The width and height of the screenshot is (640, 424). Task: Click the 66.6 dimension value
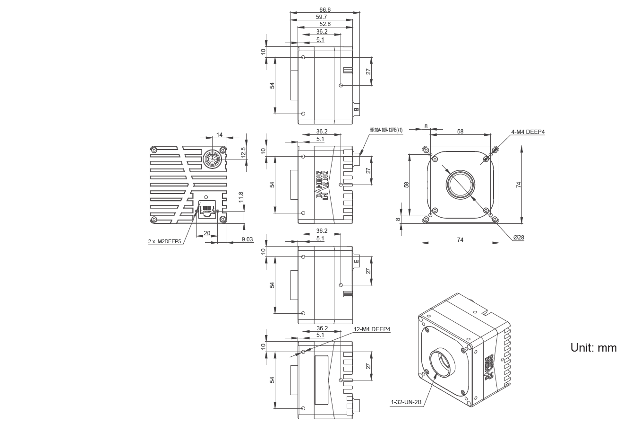click(324, 9)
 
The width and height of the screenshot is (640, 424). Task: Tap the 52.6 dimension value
click(324, 24)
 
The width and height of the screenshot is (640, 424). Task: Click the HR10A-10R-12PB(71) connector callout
click(386, 130)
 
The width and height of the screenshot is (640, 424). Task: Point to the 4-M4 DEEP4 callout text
click(528, 132)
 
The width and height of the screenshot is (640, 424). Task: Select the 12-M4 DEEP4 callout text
click(373, 329)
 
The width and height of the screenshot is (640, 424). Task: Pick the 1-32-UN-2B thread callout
click(405, 402)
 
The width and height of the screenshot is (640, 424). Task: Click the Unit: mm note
click(593, 347)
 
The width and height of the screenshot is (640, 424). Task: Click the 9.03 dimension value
click(247, 240)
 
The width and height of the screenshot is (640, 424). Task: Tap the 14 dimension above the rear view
click(219, 135)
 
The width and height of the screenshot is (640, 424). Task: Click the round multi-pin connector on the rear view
click(211, 159)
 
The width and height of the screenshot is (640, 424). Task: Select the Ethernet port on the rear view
click(207, 209)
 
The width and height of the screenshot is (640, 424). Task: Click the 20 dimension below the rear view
click(207, 233)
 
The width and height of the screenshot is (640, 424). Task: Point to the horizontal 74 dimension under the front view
click(460, 240)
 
